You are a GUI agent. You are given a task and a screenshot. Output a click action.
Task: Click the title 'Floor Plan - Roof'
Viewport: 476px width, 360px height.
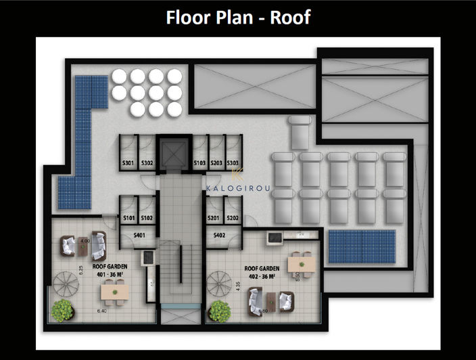pyautogui.click(x=239, y=17)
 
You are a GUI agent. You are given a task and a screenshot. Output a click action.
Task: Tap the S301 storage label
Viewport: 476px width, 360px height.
pyautogui.click(x=128, y=163)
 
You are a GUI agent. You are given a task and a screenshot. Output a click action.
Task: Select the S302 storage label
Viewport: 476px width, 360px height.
pyautogui.click(x=147, y=163)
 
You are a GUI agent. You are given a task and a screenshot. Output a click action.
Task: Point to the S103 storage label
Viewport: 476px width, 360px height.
pyautogui.click(x=199, y=163)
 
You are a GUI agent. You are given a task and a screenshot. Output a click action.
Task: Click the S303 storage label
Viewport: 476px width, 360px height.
pyautogui.click(x=233, y=163)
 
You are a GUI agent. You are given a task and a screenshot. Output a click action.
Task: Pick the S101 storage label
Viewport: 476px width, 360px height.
pyautogui.click(x=128, y=218)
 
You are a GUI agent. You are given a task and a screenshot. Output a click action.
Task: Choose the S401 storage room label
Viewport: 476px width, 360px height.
pyautogui.click(x=139, y=235)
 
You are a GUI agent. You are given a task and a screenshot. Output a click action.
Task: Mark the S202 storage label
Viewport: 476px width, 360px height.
pyautogui.click(x=233, y=218)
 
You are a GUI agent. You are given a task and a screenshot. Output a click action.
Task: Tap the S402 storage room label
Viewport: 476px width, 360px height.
pyautogui.click(x=220, y=235)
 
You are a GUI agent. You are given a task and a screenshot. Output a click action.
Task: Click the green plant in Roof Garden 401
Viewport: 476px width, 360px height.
pyautogui.click(x=63, y=311)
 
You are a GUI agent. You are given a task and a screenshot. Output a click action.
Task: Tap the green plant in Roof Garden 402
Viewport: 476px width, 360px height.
pyautogui.click(x=220, y=311)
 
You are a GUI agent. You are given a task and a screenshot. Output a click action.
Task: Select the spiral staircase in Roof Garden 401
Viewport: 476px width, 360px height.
pyautogui.click(x=68, y=279)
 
